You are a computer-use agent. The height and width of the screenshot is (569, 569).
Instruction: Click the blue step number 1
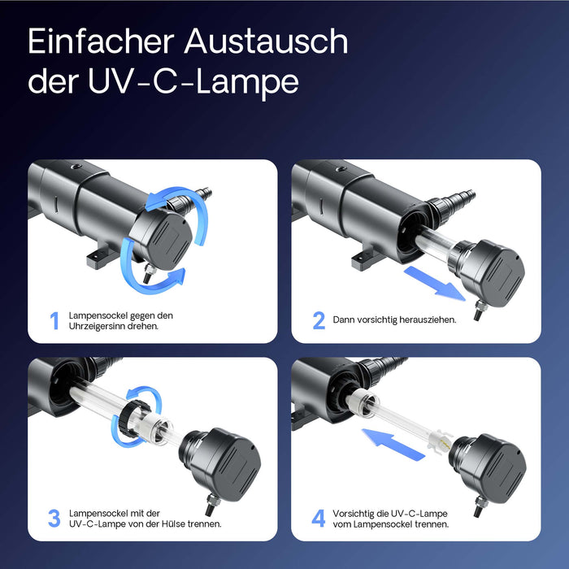[x=54, y=321]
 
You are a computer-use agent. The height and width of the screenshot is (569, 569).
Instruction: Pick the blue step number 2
[x=319, y=320]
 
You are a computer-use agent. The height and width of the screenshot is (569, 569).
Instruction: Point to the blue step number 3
[x=54, y=518]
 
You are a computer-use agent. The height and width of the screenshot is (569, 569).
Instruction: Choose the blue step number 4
[x=319, y=518]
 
